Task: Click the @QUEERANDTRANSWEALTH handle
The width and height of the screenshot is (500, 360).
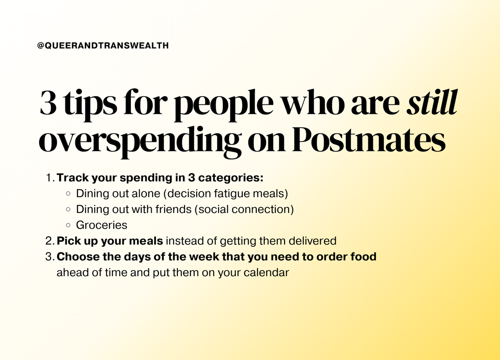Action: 103,46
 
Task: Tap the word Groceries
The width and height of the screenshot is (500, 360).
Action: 101,225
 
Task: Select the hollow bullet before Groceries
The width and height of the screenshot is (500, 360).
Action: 68,225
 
